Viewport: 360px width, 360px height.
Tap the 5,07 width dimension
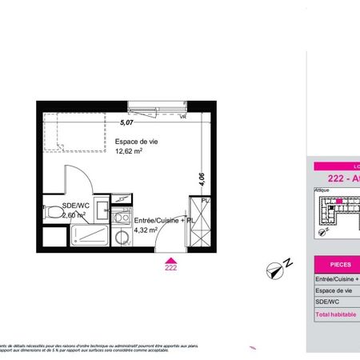coord(126,122)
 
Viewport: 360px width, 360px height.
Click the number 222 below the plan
coord(169,269)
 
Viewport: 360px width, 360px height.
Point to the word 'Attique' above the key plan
coord(320,192)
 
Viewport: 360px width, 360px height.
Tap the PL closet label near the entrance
coord(205,200)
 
